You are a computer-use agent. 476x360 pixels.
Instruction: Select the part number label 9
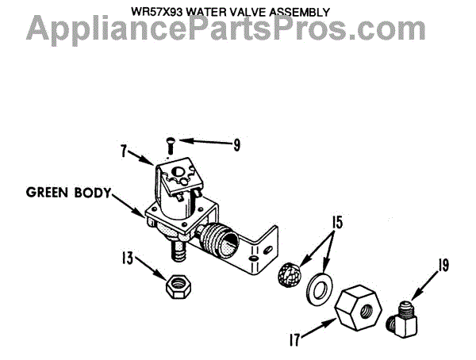(x=236, y=144)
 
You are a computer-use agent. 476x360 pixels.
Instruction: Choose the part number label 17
(x=296, y=343)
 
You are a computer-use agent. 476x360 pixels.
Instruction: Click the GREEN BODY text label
(x=68, y=192)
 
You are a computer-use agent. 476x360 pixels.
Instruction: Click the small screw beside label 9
(x=170, y=144)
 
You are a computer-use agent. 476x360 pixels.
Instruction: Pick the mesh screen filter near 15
(x=293, y=274)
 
